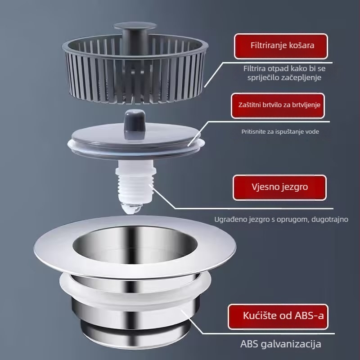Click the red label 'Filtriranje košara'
tap(281, 46)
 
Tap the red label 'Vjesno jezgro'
tap(279, 187)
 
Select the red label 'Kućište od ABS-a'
tap(278, 317)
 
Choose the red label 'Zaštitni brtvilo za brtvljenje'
tap(278, 106)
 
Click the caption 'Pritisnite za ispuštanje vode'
tap(280, 131)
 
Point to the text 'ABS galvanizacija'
tap(280, 344)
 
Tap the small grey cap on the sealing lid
tap(135, 124)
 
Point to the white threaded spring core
tap(135, 181)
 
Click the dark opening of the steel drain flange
tap(135, 243)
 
